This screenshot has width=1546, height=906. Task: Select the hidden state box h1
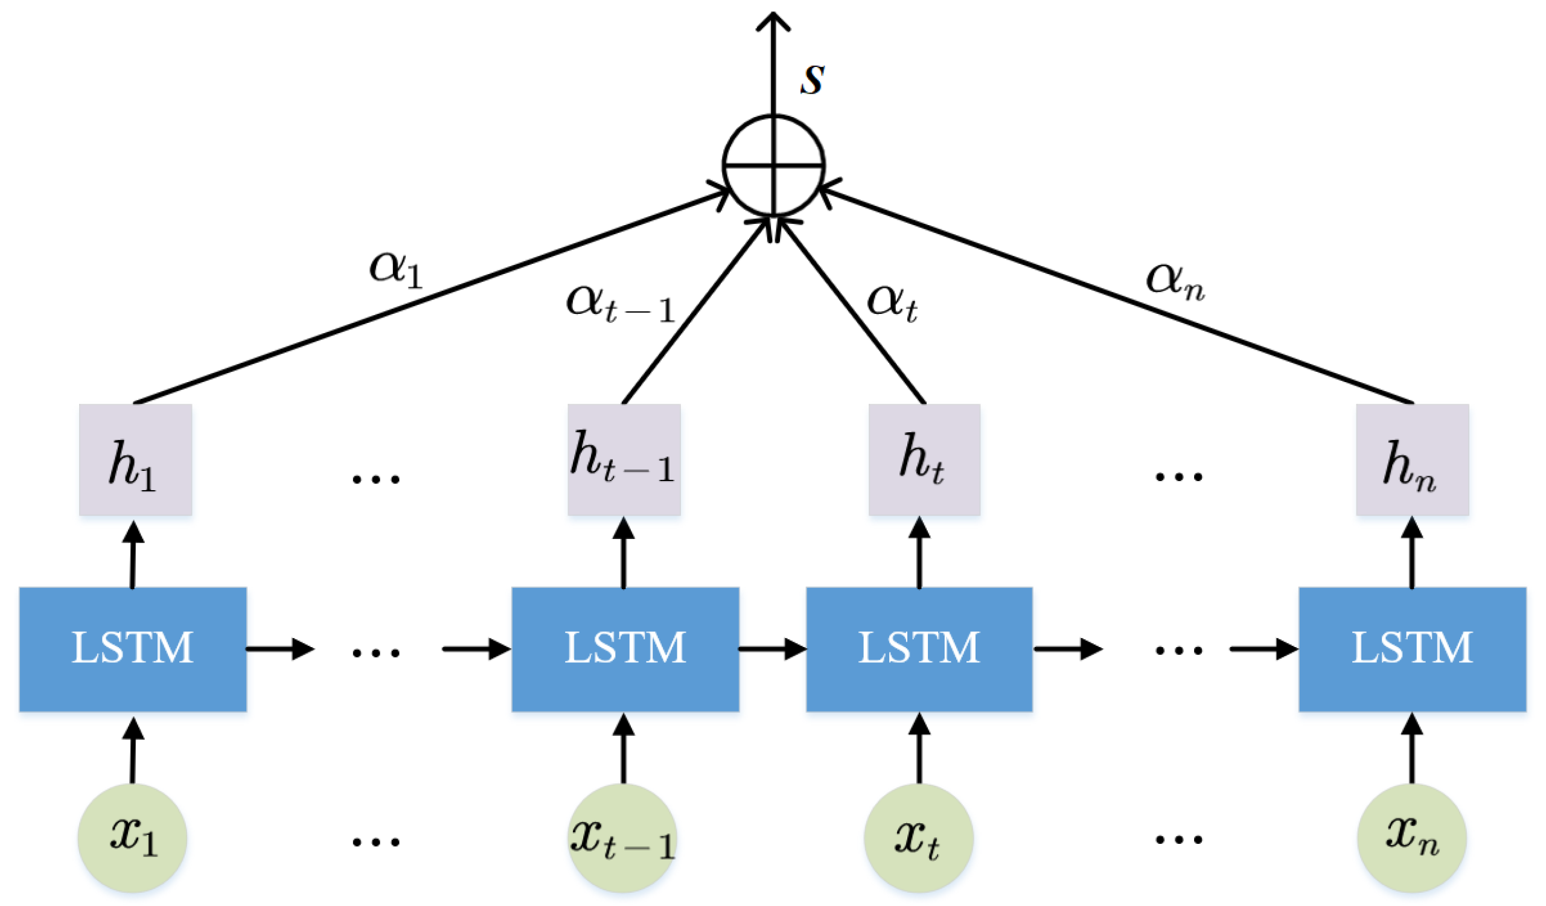pos(136,459)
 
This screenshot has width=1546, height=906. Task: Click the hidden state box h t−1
pos(624,459)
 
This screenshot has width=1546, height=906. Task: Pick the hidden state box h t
pos(924,459)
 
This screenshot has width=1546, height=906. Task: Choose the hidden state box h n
pos(1412,459)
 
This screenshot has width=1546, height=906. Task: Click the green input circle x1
pos(133,837)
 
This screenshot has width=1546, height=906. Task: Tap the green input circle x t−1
pos(623,837)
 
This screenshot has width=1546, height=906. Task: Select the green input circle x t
pos(918,837)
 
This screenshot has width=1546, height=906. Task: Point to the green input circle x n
pos(1411,837)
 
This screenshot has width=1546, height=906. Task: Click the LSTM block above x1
pos(133,649)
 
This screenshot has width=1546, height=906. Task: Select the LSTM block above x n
pos(1412,649)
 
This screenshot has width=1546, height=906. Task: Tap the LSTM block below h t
pos(919,649)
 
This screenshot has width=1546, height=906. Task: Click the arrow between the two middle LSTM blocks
pos(771,648)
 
